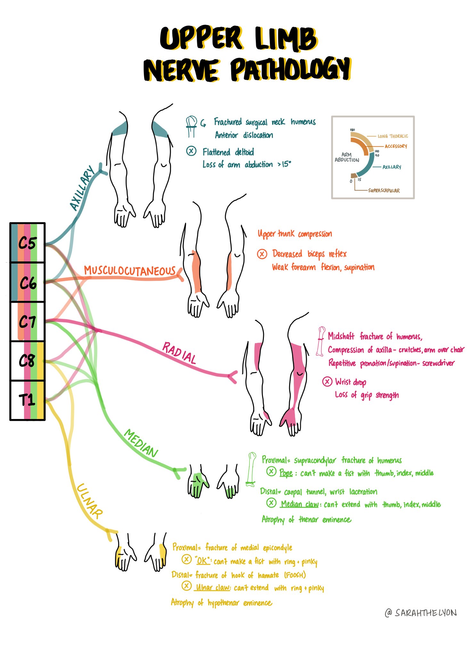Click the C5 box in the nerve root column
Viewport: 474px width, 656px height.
coord(28,243)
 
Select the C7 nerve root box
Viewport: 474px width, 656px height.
coord(28,322)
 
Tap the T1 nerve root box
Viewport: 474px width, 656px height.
coord(28,400)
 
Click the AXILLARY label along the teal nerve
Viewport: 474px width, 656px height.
coord(82,188)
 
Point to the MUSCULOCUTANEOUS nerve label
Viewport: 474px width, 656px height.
coord(130,271)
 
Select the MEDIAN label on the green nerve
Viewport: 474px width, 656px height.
coord(141,444)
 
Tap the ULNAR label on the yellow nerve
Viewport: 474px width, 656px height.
coord(90,501)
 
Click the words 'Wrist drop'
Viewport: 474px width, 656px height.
coord(350,382)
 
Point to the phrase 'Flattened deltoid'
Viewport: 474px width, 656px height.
coord(228,152)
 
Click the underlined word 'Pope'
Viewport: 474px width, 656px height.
coord(286,473)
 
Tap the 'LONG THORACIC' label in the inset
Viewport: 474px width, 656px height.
coord(393,136)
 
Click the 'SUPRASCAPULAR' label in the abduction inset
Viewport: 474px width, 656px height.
coord(384,191)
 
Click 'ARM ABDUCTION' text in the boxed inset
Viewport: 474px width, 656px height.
coord(347,157)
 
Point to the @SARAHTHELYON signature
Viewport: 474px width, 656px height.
coord(421,612)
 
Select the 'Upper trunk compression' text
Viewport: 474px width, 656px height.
coord(295,234)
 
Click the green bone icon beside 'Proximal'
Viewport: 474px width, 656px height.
coord(252,469)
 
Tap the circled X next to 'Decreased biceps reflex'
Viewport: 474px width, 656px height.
coord(262,254)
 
